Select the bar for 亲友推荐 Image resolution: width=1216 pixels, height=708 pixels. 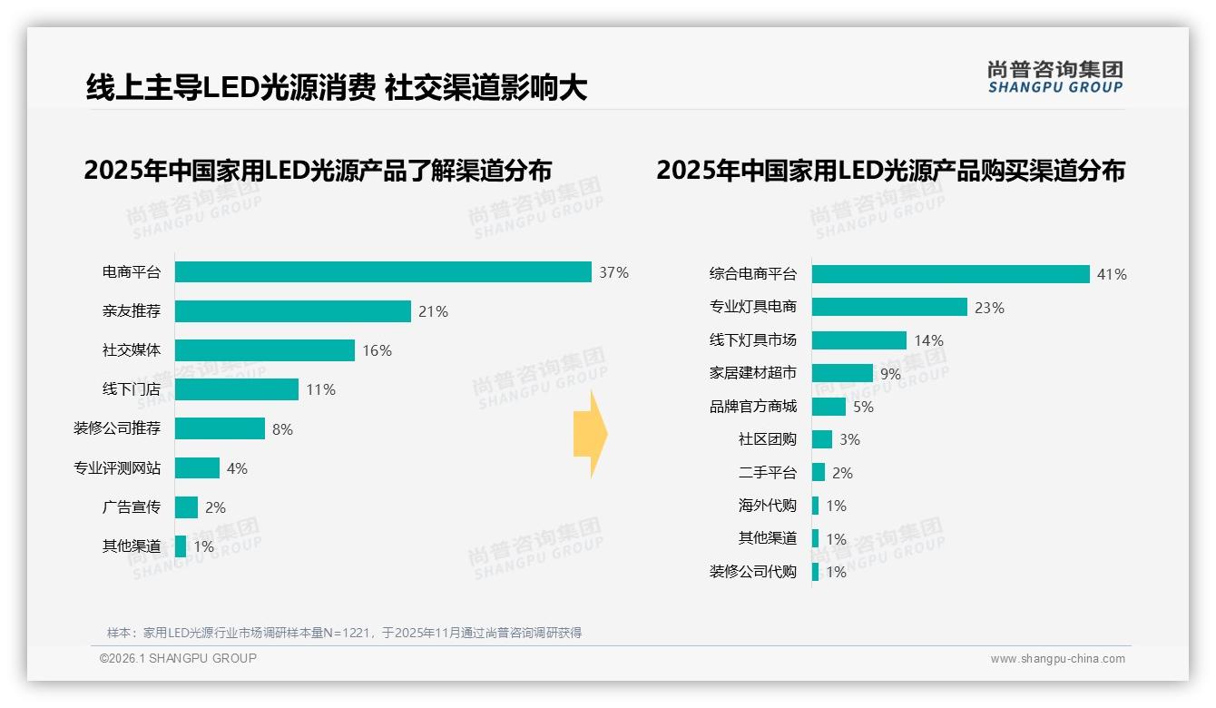point(292,311)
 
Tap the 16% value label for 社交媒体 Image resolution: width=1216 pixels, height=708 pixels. point(377,350)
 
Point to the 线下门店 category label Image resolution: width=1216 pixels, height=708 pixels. point(131,389)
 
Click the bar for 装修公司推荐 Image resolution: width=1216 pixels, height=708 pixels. point(220,428)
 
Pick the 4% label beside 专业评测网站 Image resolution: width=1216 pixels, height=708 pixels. point(237,468)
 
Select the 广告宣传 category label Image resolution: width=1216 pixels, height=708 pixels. point(131,506)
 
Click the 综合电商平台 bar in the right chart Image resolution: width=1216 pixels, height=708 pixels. point(950,274)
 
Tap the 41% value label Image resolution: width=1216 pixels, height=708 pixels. point(1112,274)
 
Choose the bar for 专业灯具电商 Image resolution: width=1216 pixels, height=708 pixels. point(889,307)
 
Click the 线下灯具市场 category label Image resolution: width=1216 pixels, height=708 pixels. point(752,340)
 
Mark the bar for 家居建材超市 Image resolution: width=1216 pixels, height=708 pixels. point(842,373)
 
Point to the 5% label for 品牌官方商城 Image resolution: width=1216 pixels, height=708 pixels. point(863,407)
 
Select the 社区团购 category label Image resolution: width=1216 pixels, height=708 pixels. point(767,439)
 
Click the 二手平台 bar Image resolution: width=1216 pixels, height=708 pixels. point(819,472)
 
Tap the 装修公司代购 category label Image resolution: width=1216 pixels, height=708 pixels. point(752,572)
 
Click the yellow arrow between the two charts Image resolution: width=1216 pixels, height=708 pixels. point(590,435)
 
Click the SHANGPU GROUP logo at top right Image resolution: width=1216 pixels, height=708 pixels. point(1054,77)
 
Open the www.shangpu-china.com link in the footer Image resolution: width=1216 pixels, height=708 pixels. point(1057,659)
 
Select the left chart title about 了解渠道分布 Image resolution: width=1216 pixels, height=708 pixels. point(318,170)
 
